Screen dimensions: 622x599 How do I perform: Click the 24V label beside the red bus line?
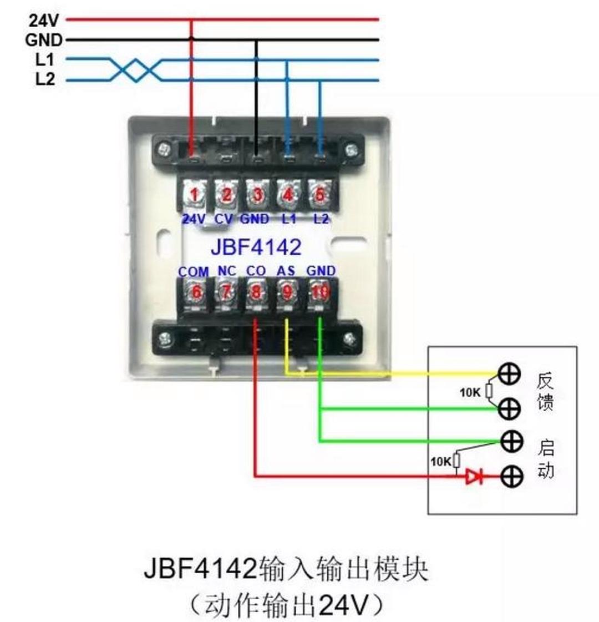pyautogui.click(x=43, y=21)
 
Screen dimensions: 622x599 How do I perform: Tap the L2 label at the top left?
pyautogui.click(x=45, y=79)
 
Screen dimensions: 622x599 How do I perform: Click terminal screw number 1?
pyautogui.click(x=194, y=195)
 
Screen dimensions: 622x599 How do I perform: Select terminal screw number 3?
pyautogui.click(x=257, y=195)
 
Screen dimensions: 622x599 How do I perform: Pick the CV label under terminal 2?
pyautogui.click(x=224, y=219)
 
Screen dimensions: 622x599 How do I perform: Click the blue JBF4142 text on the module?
pyautogui.click(x=256, y=247)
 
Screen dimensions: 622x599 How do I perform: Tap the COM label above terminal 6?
pyautogui.click(x=194, y=272)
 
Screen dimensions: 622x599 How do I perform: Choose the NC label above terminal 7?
pyautogui.click(x=226, y=271)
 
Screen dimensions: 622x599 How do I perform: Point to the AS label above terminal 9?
pyautogui.click(x=286, y=271)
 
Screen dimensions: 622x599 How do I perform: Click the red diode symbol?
pyautogui.click(x=473, y=476)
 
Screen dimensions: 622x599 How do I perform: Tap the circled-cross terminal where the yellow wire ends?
pyautogui.click(x=509, y=373)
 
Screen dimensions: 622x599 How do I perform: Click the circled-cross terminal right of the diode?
pyautogui.click(x=511, y=476)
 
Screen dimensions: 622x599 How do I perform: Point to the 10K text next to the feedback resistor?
pyautogui.click(x=470, y=393)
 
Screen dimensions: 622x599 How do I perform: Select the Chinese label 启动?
pyautogui.click(x=546, y=459)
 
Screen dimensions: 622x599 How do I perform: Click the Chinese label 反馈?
pyautogui.click(x=545, y=391)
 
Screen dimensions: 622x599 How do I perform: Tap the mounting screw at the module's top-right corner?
pyautogui.click(x=351, y=149)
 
